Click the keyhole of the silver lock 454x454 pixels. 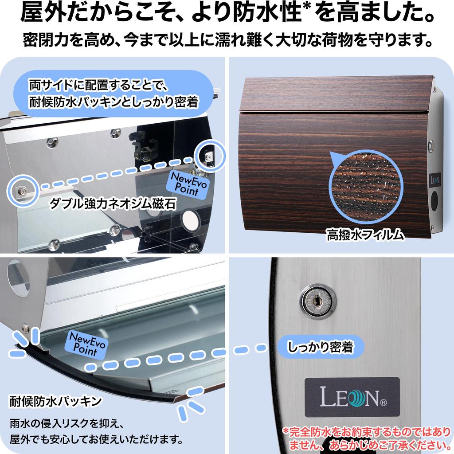[318, 301]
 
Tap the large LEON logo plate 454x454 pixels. [352, 396]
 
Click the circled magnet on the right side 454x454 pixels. [208, 155]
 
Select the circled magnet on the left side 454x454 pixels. [21, 191]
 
